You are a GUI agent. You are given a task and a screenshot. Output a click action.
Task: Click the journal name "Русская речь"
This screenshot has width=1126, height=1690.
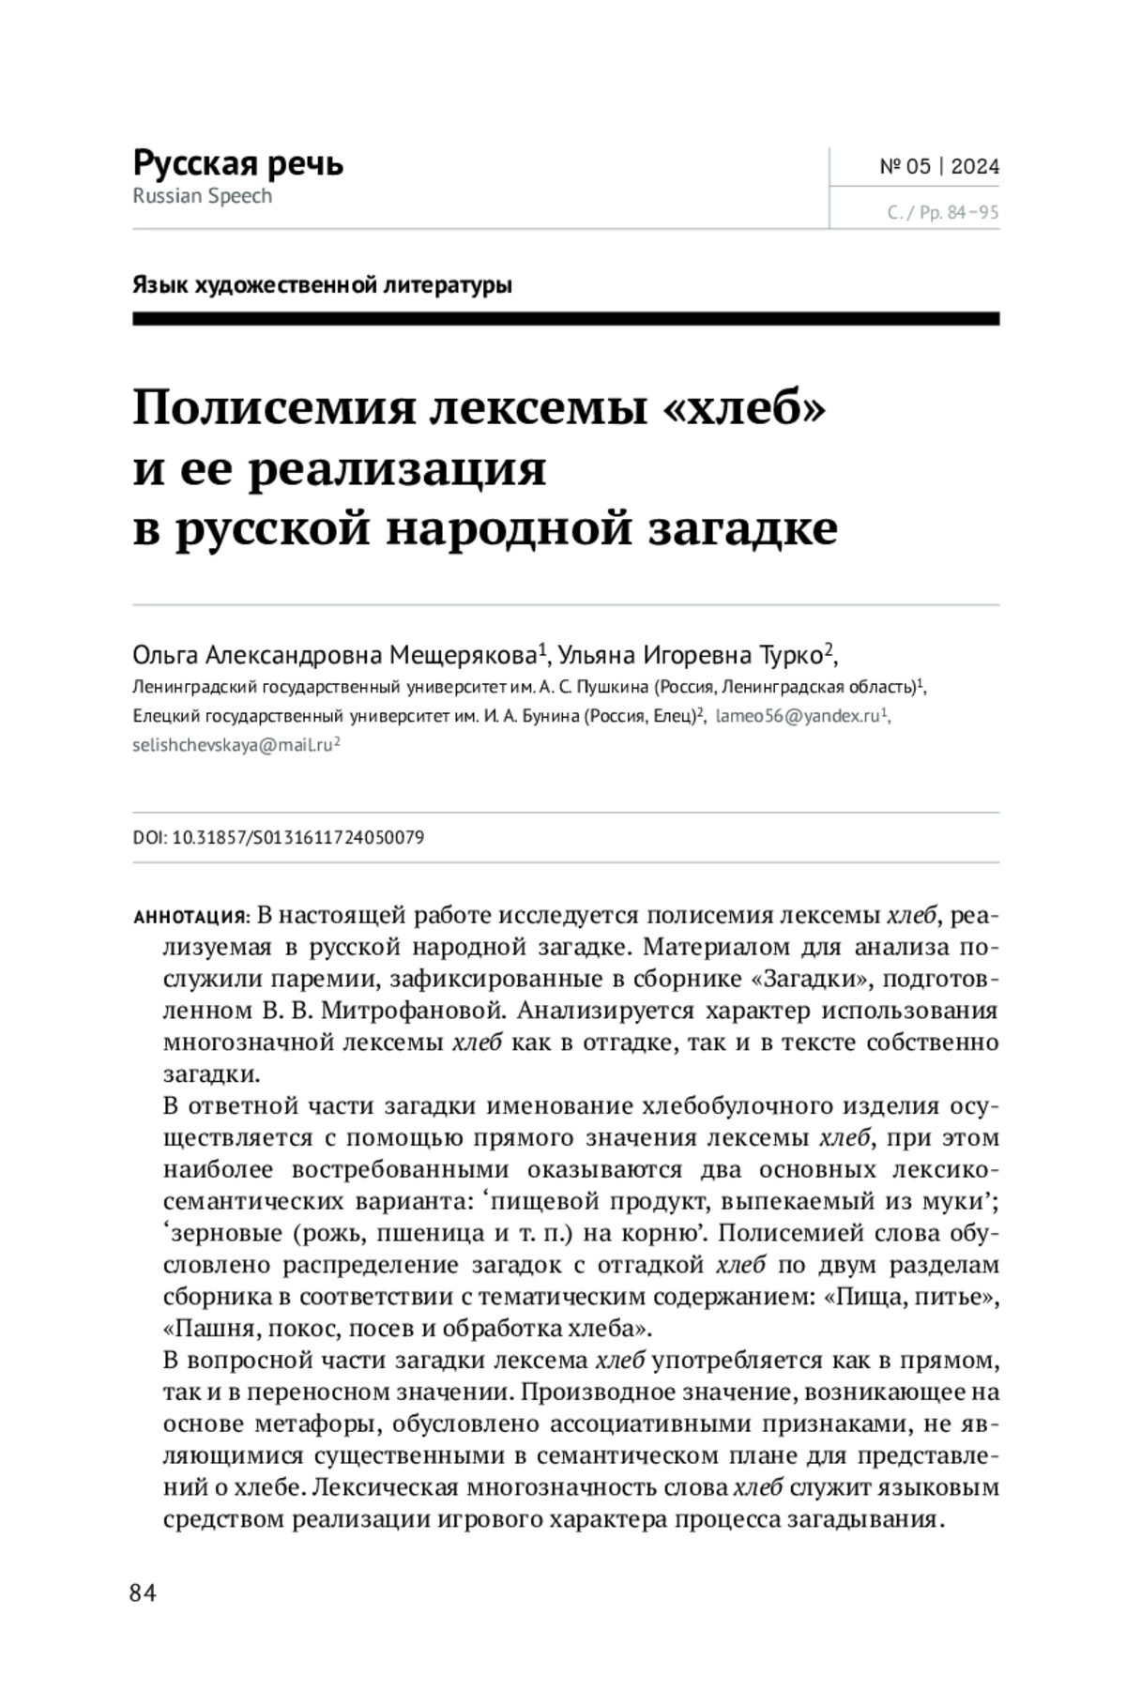pyautogui.click(x=237, y=163)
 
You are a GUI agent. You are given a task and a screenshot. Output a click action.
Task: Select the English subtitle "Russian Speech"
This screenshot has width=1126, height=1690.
pyautogui.click(x=202, y=196)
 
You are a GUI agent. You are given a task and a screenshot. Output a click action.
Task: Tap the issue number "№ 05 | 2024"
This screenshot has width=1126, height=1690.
pyautogui.click(x=938, y=167)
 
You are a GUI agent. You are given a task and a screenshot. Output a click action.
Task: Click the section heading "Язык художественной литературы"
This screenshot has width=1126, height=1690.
pyautogui.click(x=322, y=284)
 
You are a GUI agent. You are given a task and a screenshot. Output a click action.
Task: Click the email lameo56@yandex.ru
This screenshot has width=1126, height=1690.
pyautogui.click(x=798, y=716)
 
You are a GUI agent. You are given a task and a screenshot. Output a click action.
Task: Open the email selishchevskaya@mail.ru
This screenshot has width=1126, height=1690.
pyautogui.click(x=233, y=745)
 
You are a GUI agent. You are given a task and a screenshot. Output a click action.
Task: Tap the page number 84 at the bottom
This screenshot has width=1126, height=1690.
pyautogui.click(x=143, y=1592)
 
